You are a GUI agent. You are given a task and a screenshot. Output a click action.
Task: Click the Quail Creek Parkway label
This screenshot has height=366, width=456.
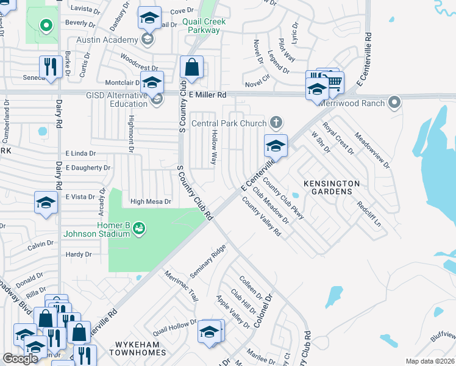coord(204,26)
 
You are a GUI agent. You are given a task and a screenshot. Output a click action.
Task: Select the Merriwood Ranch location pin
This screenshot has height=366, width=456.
coord(395,102)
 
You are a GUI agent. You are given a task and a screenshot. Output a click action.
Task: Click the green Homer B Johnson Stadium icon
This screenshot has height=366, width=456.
coord(139,228)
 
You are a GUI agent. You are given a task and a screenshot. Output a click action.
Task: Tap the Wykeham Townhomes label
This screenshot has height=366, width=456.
coord(138,353)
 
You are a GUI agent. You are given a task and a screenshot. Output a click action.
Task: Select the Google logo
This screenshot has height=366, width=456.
coord(20,359)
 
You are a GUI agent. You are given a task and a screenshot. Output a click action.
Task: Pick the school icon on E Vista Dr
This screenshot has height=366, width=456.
coord(46,203)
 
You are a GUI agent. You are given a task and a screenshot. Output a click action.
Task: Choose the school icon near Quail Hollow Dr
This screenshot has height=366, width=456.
coord(209,332)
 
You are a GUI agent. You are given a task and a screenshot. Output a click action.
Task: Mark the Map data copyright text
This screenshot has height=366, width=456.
coord(430,361)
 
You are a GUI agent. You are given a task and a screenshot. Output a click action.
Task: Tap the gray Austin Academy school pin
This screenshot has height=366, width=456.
coord(146,40)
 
